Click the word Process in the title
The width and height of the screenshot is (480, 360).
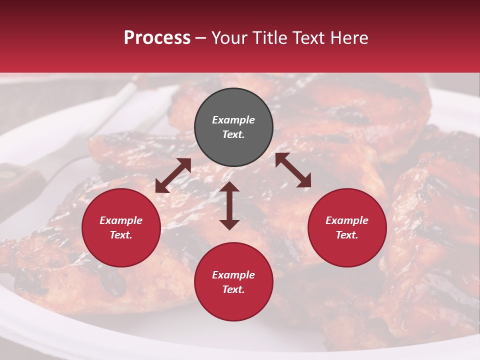[x=157, y=38]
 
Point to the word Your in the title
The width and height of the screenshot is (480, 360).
[x=229, y=38]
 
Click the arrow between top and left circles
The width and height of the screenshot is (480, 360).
[x=173, y=175]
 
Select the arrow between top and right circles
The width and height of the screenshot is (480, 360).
[x=293, y=170]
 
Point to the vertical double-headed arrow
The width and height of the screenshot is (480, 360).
[x=229, y=205]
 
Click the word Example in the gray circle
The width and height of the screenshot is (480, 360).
[x=233, y=120]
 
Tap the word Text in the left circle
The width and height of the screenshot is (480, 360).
[x=121, y=235]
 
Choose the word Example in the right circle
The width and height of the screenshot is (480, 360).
[x=347, y=220]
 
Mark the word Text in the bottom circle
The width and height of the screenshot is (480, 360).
[x=233, y=289]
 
